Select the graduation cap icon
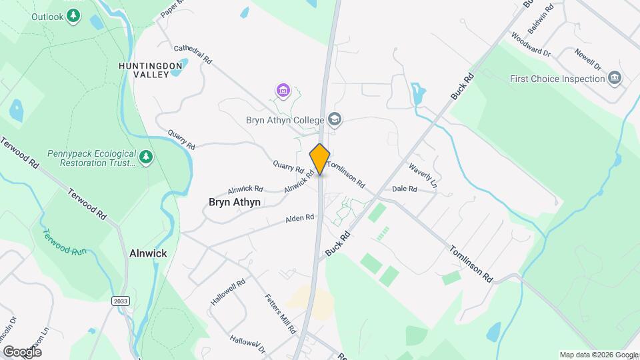335,120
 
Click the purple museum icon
283,90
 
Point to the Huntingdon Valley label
150,70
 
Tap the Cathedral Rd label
193,54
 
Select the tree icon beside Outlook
75,15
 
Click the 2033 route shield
120,301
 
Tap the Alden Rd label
300,218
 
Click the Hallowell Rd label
228,292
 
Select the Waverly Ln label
423,175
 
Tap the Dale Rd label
405,189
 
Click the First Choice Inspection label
557,79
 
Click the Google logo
22,351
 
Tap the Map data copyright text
599,355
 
